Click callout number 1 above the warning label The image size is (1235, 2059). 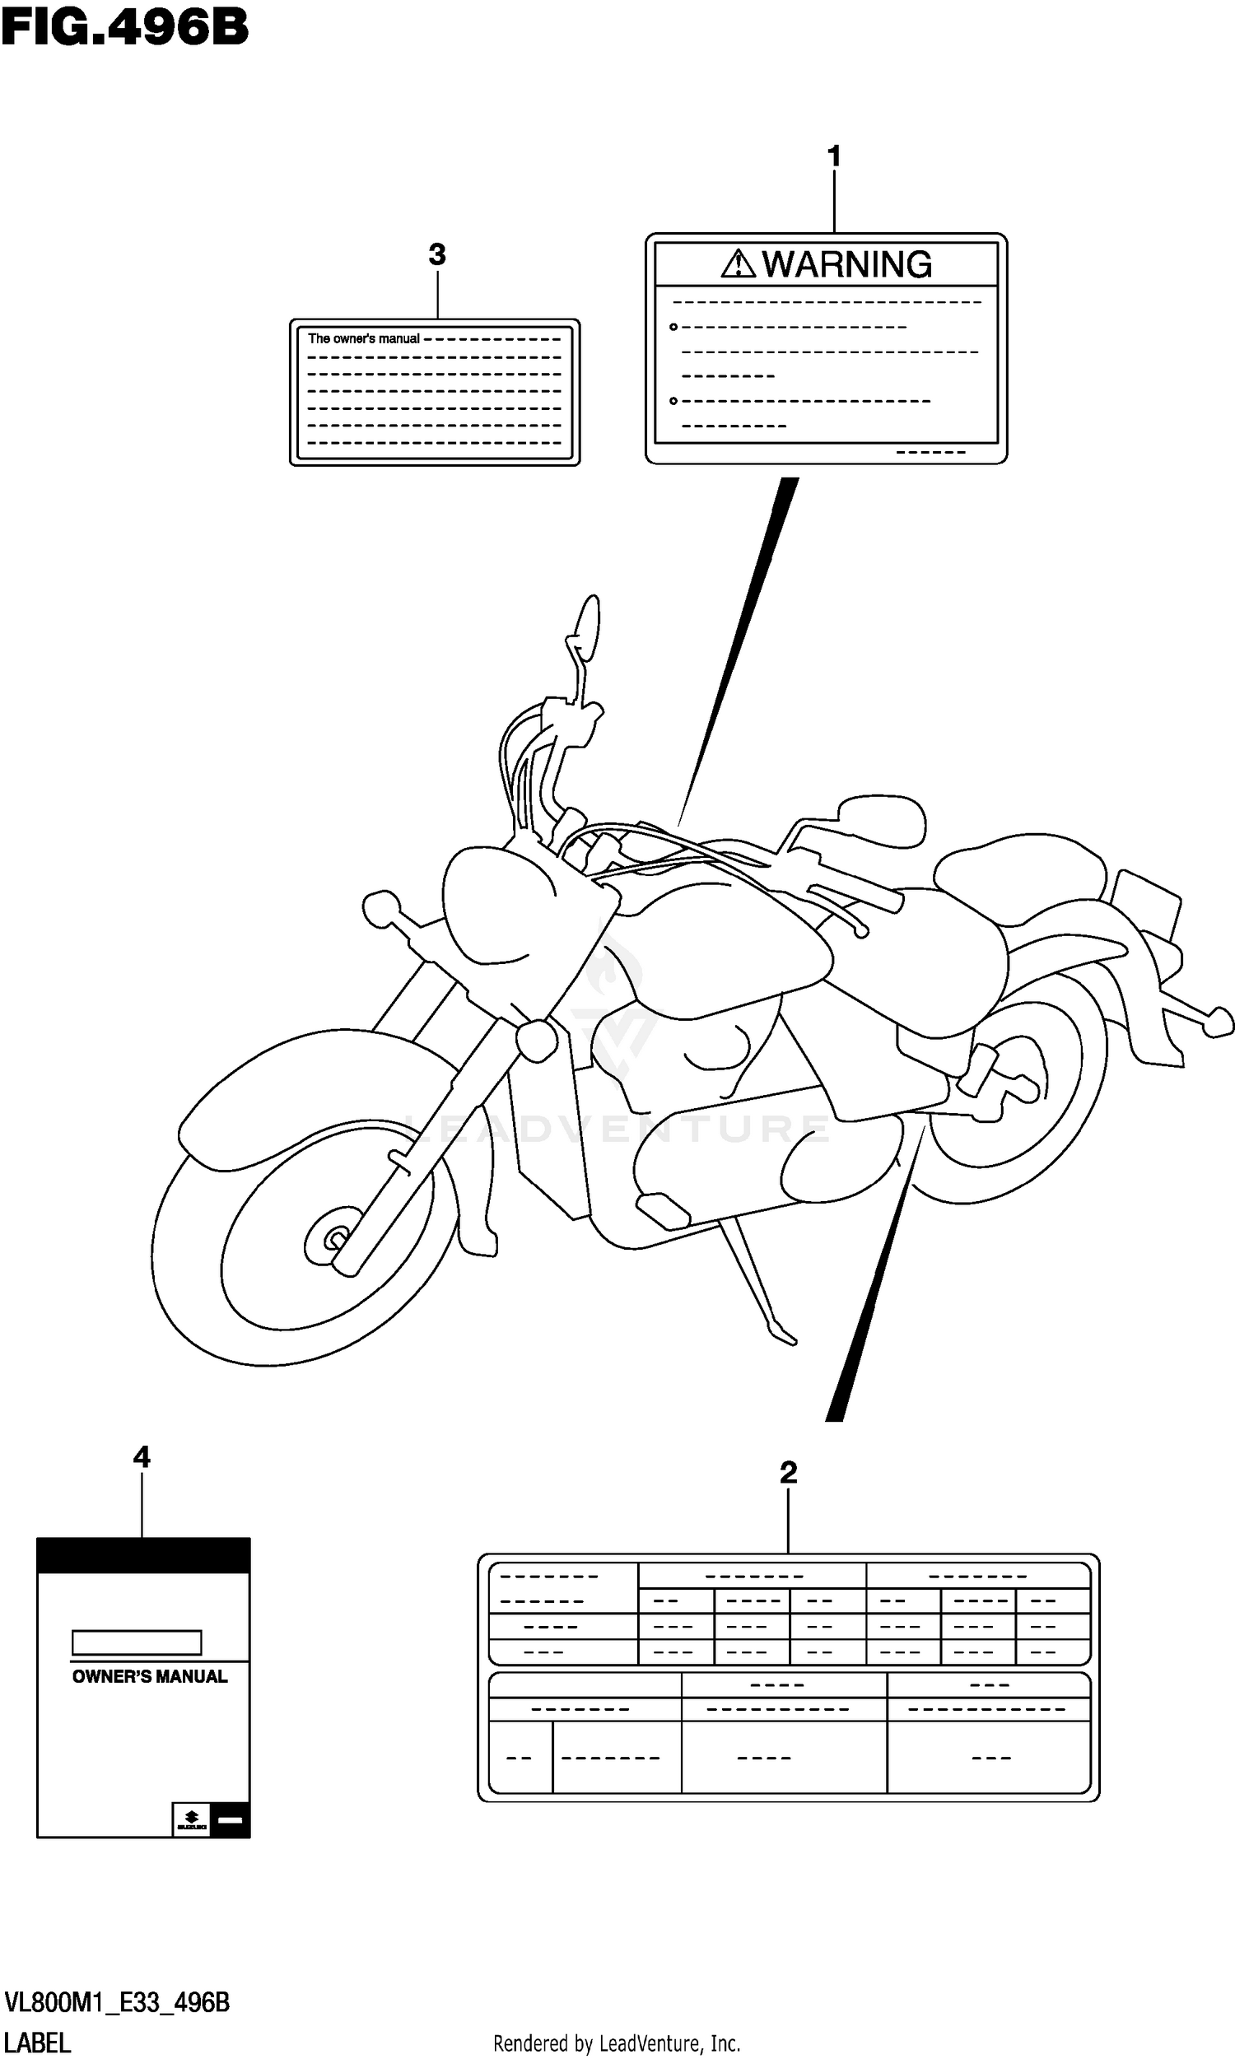pos(834,156)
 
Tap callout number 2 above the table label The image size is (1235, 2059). pos(788,1473)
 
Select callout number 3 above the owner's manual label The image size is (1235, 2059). pos(437,254)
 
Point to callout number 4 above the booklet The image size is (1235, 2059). pos(142,1456)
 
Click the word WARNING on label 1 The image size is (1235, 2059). pos(846,264)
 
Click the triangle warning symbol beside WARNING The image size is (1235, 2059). pos(738,264)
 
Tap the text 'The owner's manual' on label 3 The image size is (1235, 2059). pos(364,338)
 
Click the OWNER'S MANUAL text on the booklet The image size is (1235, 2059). pos(150,1676)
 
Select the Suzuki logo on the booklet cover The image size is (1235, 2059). pos(191,1820)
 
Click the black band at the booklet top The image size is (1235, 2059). pos(143,1556)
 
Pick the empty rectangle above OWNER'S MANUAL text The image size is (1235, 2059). pos(137,1642)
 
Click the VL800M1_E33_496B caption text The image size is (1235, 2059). pos(117,2002)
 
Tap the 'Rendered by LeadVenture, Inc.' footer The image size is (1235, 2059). pos(617,2043)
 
